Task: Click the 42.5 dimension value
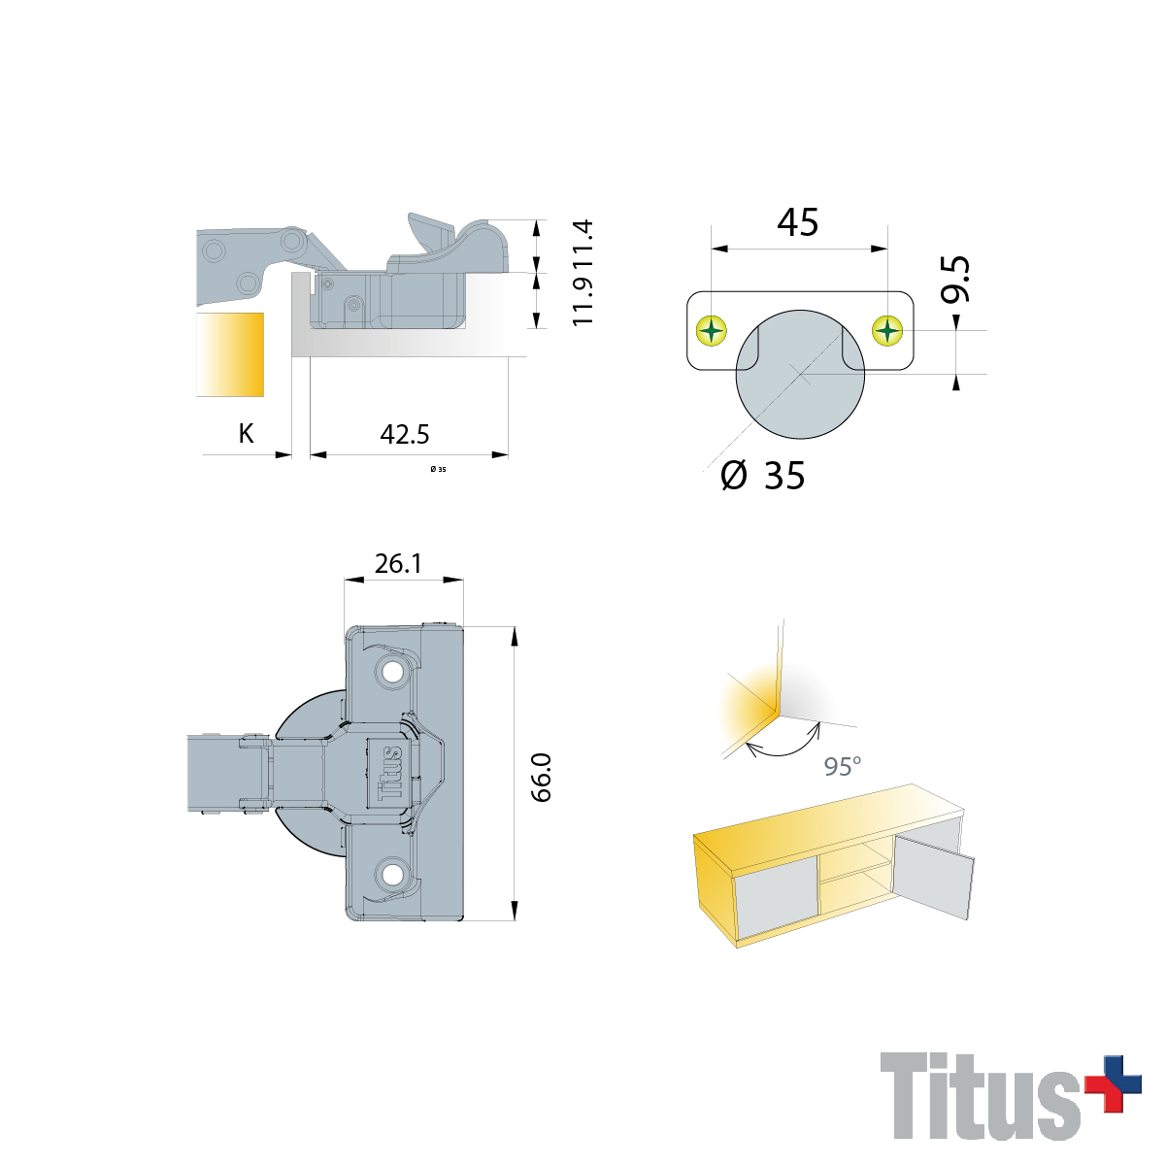tap(405, 434)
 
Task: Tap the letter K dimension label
tap(246, 434)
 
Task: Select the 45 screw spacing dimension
tap(798, 222)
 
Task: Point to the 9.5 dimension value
tap(955, 279)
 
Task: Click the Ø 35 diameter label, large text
tap(764, 475)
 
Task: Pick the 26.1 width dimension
tap(398, 563)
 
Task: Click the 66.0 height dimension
tap(542, 778)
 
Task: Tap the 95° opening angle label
tap(843, 767)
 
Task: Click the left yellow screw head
tap(712, 330)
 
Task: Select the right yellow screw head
tap(887, 330)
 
